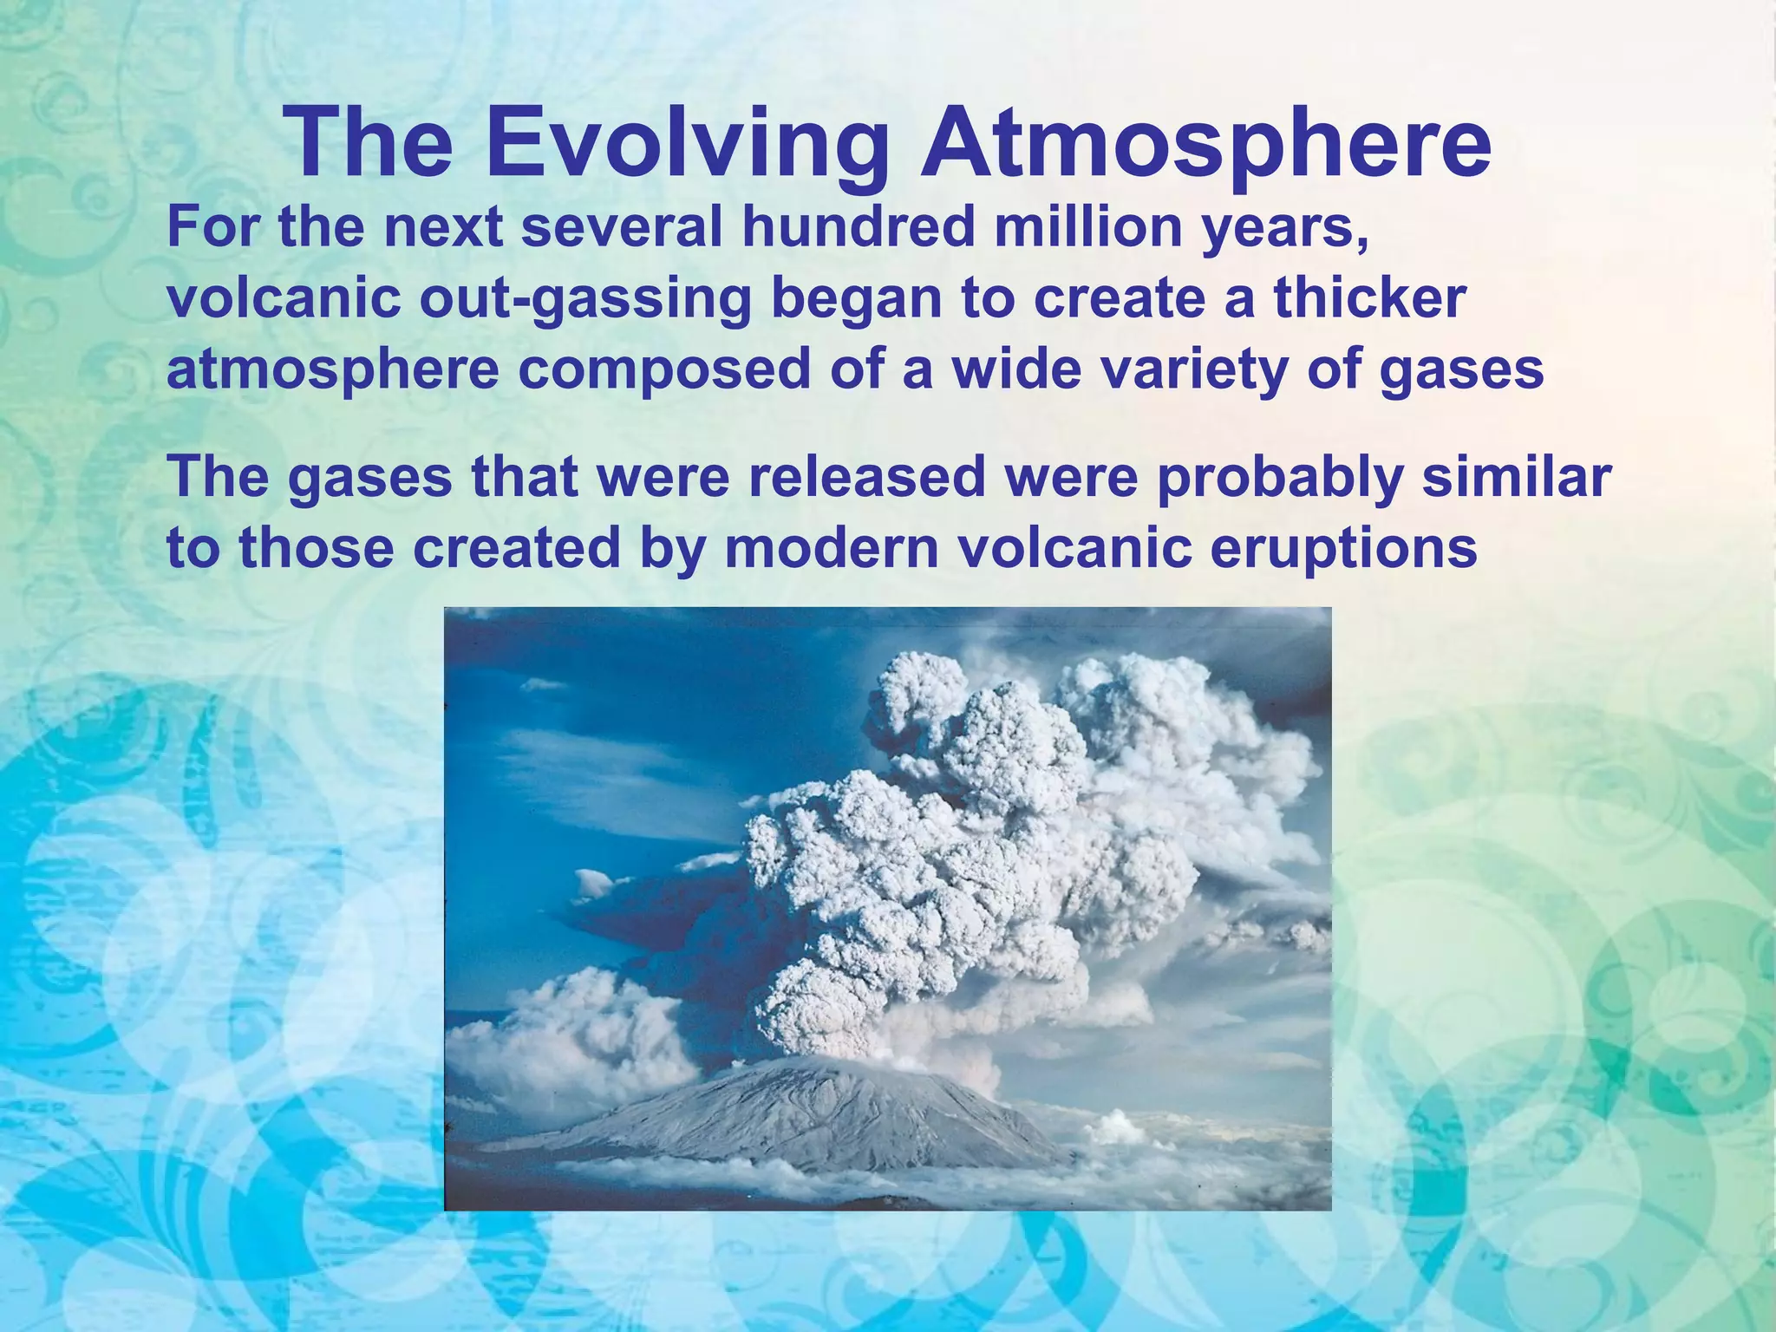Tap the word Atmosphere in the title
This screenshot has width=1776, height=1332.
pyautogui.click(x=1206, y=144)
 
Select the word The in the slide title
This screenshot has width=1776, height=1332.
pyautogui.click(x=368, y=144)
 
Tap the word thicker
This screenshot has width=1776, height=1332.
pyautogui.click(x=1369, y=298)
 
